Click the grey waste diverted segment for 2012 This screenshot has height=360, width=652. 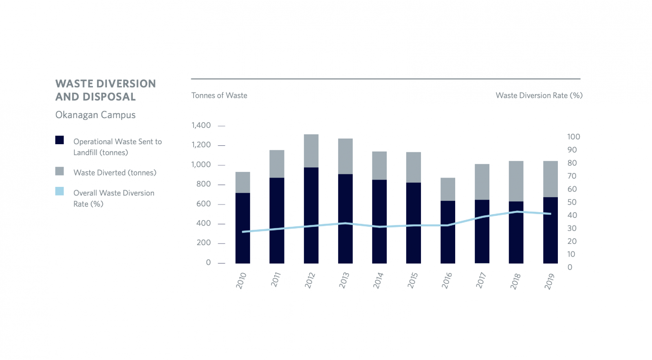point(311,151)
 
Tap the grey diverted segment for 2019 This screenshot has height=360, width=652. point(550,179)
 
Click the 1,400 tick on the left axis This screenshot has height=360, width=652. point(201,125)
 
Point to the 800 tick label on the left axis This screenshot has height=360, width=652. point(203,184)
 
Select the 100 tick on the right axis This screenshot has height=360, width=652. point(573,137)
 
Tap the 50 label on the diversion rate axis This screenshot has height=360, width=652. point(572,202)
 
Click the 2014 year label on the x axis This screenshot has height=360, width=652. point(378,280)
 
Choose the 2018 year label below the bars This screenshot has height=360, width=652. point(515,281)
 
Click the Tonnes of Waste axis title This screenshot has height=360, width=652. point(219,96)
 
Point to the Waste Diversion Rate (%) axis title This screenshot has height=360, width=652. point(539,96)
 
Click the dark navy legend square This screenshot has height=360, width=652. point(59,140)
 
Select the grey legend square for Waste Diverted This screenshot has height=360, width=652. point(59,171)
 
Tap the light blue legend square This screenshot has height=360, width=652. point(59,191)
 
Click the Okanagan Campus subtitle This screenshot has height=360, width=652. point(95,115)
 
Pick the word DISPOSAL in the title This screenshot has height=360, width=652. point(109,97)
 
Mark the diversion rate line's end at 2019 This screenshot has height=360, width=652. point(550,214)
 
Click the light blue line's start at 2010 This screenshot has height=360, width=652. point(243,232)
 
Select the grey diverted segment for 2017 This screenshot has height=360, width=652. point(482,182)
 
